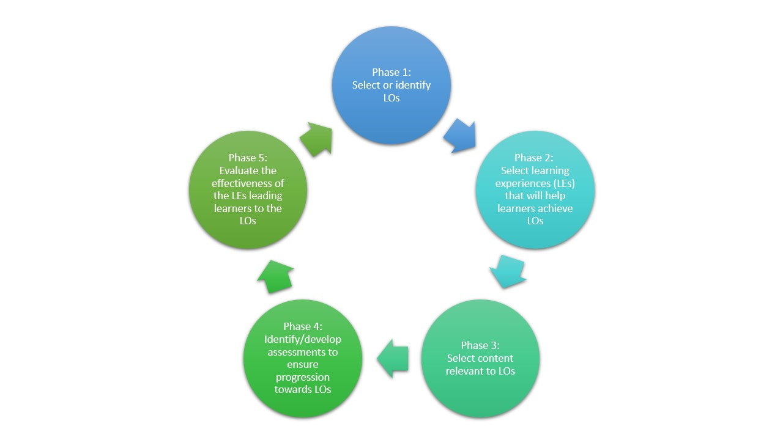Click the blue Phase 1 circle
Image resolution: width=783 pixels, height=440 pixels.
coord(391,85)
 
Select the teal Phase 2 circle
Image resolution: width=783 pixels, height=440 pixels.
coord(535,189)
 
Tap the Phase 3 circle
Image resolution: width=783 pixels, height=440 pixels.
coord(480,358)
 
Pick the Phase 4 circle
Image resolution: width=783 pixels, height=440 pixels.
coord(303,358)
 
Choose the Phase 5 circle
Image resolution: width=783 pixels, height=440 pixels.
coord(248,189)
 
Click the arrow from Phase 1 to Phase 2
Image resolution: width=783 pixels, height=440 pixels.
coord(461,136)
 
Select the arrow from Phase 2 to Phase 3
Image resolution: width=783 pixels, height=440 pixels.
coord(508,271)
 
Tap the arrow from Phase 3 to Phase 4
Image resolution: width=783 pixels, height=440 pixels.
coord(393,358)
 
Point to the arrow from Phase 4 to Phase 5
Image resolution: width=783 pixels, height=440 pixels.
coord(275,277)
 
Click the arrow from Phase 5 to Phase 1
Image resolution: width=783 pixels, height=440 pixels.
coord(317,139)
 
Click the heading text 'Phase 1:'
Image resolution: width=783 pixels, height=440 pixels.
coord(391,72)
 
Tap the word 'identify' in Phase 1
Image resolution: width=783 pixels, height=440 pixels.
coord(413,85)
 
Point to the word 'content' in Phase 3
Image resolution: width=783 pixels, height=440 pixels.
coord(495,358)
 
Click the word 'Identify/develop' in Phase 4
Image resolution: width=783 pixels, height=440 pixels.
coord(303,339)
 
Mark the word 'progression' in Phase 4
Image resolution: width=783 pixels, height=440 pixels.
coord(303,378)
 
